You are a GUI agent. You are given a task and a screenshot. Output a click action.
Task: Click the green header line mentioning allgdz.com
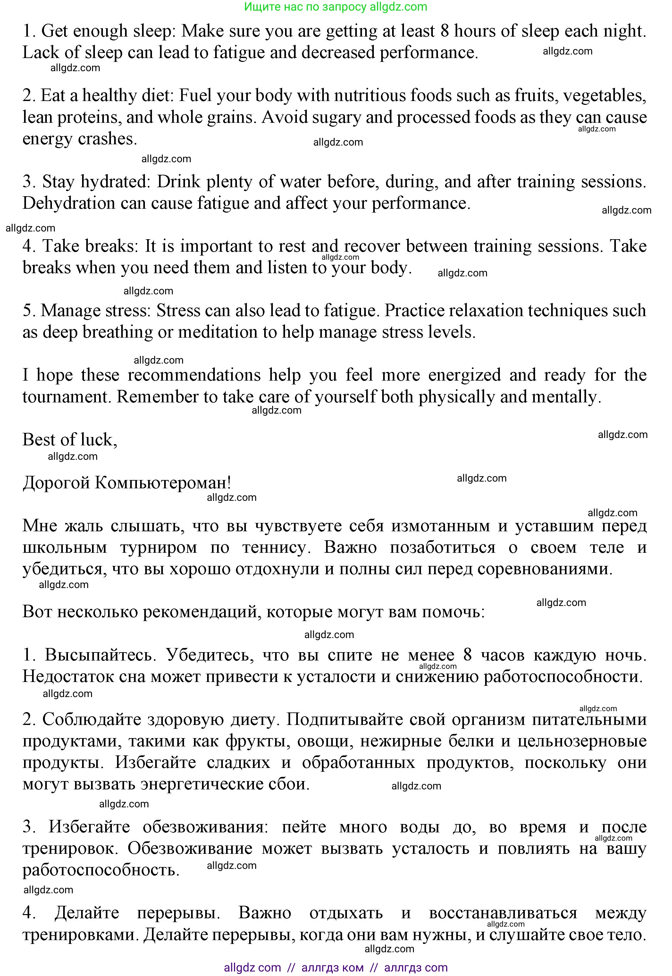click(336, 7)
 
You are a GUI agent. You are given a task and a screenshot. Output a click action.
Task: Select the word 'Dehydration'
click(69, 203)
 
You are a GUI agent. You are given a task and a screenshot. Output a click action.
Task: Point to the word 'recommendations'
click(194, 375)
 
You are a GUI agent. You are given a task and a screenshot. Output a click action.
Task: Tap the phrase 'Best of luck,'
click(70, 440)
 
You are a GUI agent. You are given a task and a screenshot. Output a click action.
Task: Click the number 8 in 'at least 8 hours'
click(445, 31)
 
